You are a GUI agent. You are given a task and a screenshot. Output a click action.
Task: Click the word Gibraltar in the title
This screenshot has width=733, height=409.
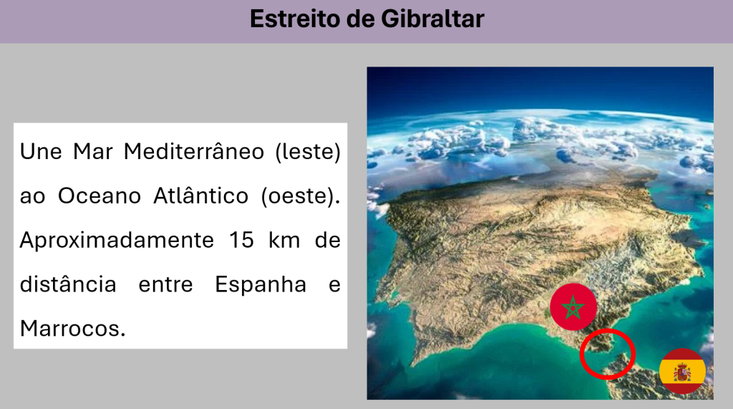432,19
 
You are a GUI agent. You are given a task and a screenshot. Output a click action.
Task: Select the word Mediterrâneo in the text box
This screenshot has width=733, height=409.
194,152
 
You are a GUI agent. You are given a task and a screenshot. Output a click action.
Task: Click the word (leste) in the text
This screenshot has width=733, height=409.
308,152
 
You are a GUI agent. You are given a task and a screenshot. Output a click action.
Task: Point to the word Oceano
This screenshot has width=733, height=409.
99,196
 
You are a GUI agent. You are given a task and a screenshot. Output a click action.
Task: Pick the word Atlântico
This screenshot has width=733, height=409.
201,195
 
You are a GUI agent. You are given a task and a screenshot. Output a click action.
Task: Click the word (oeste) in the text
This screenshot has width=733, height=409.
301,196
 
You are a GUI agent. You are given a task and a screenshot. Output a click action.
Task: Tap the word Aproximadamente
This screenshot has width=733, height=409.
117,241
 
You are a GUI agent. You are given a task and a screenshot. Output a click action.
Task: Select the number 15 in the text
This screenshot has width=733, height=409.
241,240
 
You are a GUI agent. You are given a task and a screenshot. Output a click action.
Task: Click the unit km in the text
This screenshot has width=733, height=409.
284,240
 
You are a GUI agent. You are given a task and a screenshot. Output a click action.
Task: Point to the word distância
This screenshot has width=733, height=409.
68,284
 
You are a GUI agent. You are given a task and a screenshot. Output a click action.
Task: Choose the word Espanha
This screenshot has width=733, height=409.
261,284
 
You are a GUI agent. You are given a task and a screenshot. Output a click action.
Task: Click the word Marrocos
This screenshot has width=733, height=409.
72,329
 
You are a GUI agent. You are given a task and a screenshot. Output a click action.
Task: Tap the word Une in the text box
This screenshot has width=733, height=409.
41,152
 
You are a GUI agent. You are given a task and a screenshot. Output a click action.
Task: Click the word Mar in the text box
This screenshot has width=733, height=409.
93,152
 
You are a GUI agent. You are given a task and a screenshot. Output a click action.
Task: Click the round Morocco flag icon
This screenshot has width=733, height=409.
573,307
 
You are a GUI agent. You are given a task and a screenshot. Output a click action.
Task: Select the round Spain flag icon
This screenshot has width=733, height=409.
682,372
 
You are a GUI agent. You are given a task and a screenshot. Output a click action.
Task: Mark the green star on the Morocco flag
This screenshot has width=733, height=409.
573,307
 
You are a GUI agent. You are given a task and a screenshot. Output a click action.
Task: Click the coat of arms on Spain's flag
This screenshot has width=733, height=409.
682,372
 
